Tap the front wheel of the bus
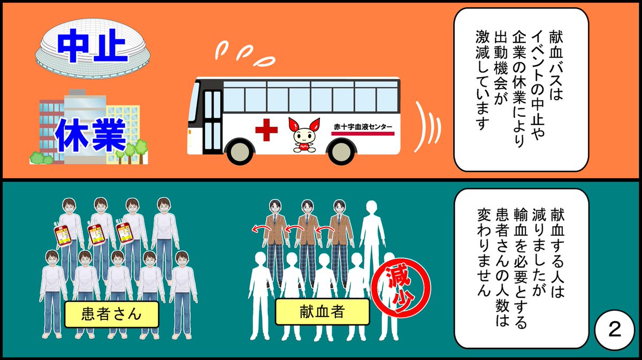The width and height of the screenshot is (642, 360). tap(240, 152)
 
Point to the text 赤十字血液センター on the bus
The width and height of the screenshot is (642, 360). tap(362, 127)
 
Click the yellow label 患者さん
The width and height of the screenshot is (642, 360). tap(112, 313)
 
